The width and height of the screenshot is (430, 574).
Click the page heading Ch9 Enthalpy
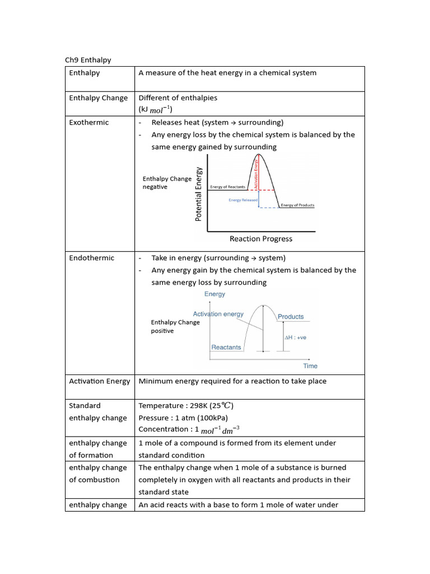pyautogui.click(x=88, y=60)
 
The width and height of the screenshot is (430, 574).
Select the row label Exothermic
pyautogui.click(x=89, y=122)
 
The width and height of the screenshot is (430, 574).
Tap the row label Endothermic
pyautogui.click(x=91, y=258)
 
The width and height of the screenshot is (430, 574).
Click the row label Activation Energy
pyautogui.click(x=99, y=381)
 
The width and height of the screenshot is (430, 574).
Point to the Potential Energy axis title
pyautogui.click(x=199, y=194)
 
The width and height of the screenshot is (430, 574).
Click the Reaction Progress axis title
pyautogui.click(x=261, y=239)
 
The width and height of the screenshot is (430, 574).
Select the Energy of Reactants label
pyautogui.click(x=227, y=187)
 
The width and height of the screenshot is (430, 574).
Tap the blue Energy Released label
pyautogui.click(x=243, y=200)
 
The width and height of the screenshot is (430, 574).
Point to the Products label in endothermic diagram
pyautogui.click(x=291, y=317)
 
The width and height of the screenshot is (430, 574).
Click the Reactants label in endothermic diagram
pyautogui.click(x=226, y=347)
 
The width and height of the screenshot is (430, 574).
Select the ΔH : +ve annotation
pyautogui.click(x=296, y=338)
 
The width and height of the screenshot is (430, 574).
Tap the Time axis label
pyautogui.click(x=310, y=366)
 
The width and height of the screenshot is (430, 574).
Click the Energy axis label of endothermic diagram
pyautogui.click(x=215, y=294)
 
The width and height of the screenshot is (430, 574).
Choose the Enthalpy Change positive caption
pyautogui.click(x=175, y=326)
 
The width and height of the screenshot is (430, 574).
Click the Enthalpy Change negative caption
pyautogui.click(x=166, y=183)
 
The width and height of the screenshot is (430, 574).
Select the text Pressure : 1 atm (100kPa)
pyautogui.click(x=183, y=418)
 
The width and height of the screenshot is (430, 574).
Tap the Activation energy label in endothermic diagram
pyautogui.click(x=218, y=314)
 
